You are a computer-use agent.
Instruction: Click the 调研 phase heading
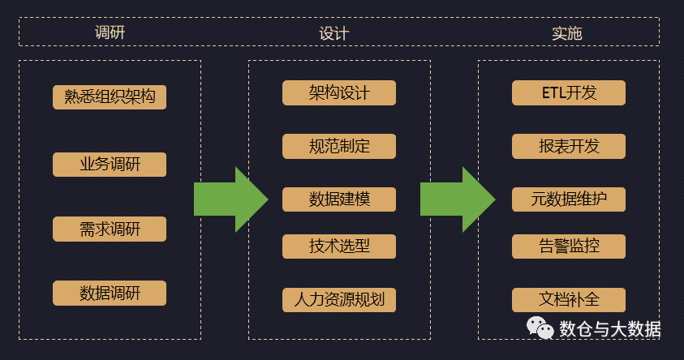(x=110, y=32)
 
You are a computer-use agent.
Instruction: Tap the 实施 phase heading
(x=567, y=32)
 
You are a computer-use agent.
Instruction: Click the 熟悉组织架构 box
(x=110, y=97)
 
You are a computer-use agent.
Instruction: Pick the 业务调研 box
(x=110, y=164)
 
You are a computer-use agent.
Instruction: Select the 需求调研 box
(x=110, y=229)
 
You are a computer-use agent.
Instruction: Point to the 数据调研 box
(x=110, y=293)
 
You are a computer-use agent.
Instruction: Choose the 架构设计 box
(x=339, y=92)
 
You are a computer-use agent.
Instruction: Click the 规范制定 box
(x=339, y=146)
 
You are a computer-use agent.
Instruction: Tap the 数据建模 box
(x=339, y=199)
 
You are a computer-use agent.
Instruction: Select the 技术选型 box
(x=339, y=246)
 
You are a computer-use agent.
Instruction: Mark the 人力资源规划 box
(x=339, y=299)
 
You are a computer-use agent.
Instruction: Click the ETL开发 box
(x=569, y=92)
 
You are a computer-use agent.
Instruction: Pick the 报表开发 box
(x=569, y=146)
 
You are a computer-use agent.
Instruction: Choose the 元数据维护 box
(x=569, y=199)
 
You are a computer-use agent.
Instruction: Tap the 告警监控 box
(x=569, y=246)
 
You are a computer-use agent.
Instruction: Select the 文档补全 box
(x=569, y=299)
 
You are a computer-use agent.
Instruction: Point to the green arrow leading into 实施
(x=457, y=199)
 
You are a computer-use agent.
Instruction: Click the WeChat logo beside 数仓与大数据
(x=540, y=328)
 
